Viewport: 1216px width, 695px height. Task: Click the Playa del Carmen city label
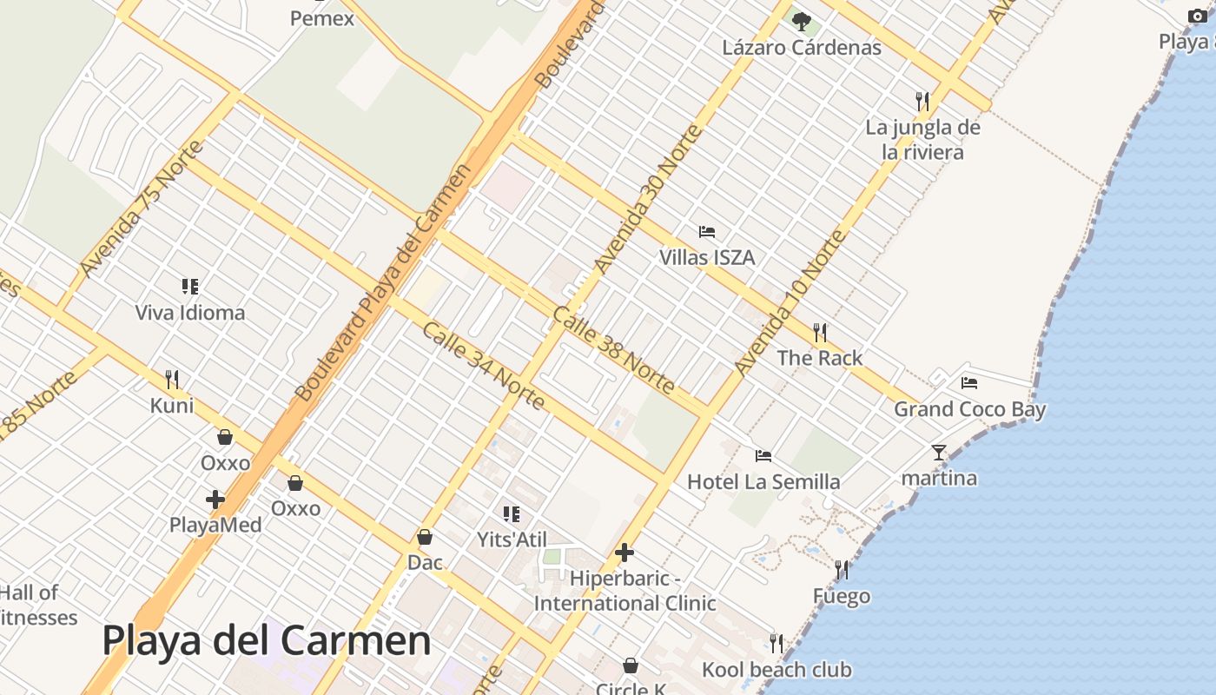(x=267, y=641)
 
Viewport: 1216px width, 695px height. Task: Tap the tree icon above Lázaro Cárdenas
(x=801, y=21)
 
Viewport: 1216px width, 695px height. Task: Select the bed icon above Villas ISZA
(x=707, y=232)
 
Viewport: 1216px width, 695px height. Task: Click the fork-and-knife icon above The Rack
(x=819, y=332)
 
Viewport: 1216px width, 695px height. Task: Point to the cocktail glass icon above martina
(x=938, y=452)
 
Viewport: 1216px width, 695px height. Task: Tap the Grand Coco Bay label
(x=969, y=409)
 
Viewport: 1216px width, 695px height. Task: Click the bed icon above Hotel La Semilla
(x=763, y=455)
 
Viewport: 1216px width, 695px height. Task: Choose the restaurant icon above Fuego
(x=841, y=570)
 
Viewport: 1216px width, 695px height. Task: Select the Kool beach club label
(x=776, y=670)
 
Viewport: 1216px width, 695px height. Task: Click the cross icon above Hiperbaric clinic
(x=624, y=553)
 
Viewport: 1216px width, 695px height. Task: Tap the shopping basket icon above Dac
(x=425, y=537)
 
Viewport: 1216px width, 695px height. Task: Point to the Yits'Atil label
(x=512, y=539)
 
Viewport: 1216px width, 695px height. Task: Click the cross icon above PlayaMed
(x=215, y=500)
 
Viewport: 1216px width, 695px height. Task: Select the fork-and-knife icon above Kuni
(x=172, y=379)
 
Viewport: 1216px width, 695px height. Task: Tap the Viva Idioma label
(x=190, y=313)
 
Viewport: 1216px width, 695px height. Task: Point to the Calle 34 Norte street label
(x=483, y=366)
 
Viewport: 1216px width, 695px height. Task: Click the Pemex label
(x=322, y=18)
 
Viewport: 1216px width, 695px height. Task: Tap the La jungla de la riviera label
(x=922, y=140)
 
